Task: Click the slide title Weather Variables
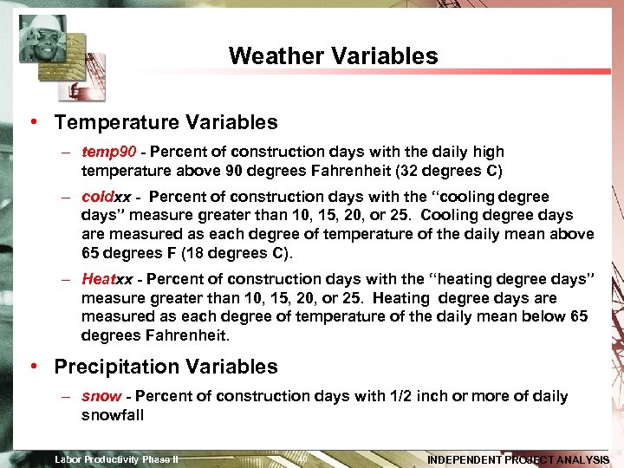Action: [333, 56]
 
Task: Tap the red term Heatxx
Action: [107, 279]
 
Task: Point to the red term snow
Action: [101, 396]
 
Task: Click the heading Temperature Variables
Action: [166, 122]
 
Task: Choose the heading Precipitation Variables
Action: [166, 367]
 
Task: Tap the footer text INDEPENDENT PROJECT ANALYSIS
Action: [518, 459]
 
